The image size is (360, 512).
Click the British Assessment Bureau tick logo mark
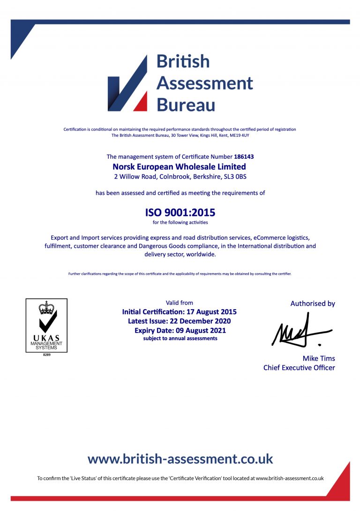(x=127, y=84)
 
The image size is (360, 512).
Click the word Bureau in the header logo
(x=186, y=104)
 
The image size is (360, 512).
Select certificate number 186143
(x=244, y=156)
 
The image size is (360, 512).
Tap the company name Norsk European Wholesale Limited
(x=180, y=166)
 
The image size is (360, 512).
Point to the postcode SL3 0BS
(x=235, y=177)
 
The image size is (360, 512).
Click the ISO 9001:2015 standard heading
(x=180, y=212)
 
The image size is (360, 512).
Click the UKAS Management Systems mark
(x=46, y=326)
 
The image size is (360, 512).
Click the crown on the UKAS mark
(x=46, y=307)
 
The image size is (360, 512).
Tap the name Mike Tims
(x=319, y=358)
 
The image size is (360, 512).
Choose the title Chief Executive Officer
(x=299, y=368)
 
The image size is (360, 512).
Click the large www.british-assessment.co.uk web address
(x=180, y=459)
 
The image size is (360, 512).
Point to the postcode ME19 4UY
(x=240, y=135)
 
